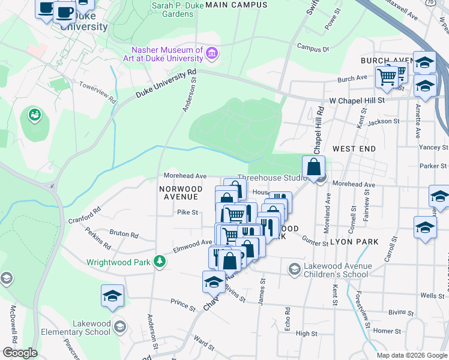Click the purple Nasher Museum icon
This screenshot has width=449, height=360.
211,55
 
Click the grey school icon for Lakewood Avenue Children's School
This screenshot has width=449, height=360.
294,268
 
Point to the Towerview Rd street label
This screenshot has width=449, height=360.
97,92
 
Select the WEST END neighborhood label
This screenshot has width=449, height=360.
354,148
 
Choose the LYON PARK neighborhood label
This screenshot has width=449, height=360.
355,241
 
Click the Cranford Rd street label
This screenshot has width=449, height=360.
83,215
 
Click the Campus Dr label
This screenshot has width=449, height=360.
313,47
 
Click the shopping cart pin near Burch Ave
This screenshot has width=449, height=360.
387,77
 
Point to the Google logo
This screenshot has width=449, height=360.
20,353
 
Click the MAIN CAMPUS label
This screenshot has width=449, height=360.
236,5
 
